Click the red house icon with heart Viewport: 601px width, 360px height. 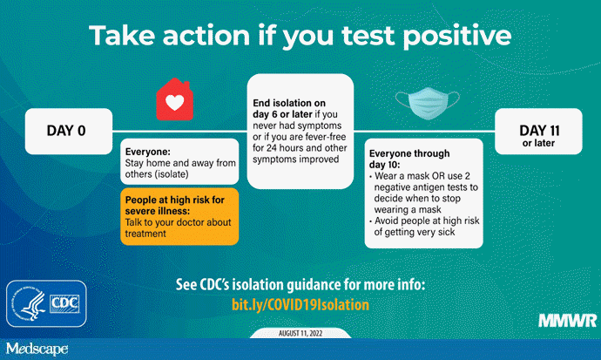[175, 102]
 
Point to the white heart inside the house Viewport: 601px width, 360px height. [175, 105]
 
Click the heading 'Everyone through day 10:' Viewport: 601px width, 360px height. [402, 154]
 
